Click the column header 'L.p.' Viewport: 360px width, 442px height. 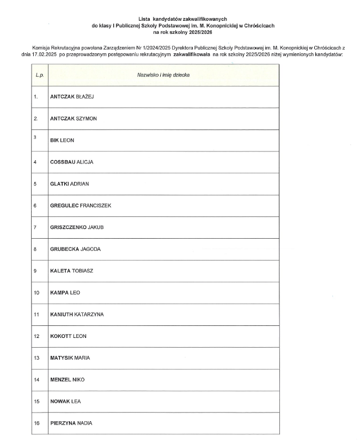39,75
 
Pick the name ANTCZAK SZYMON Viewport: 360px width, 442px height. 74,118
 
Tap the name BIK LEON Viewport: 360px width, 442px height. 62,140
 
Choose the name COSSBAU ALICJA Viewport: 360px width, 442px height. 71,162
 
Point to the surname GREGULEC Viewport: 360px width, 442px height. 64,205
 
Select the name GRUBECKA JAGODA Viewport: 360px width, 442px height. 75,249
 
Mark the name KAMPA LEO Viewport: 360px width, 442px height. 65,293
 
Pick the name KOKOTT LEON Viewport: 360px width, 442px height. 68,336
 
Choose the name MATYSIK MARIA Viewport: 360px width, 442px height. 70,358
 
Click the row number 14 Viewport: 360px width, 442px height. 36,379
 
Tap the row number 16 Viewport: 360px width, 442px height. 36,423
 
